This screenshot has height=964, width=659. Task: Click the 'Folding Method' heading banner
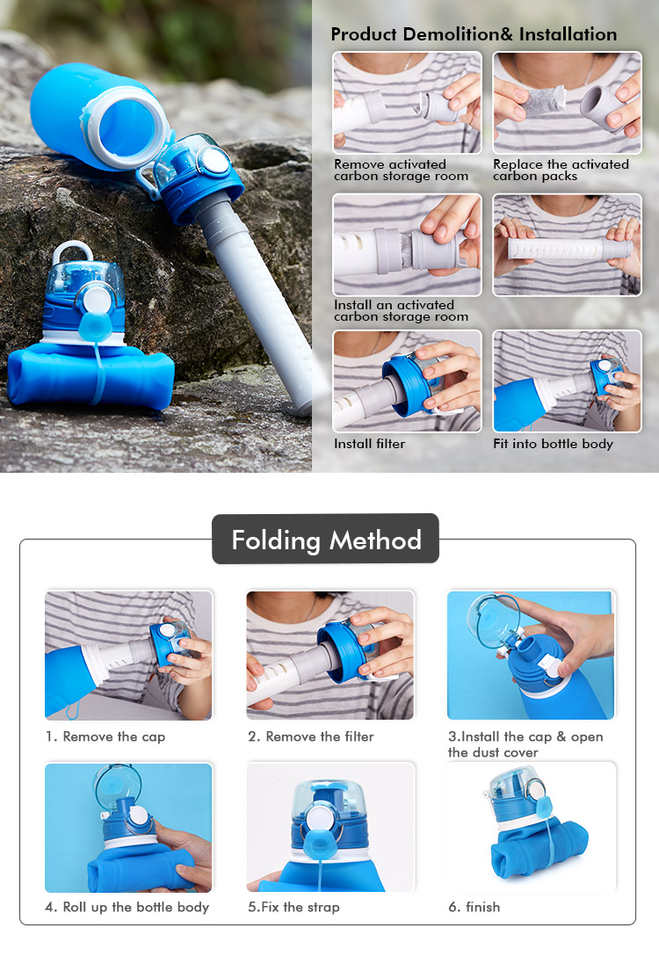pos(326,539)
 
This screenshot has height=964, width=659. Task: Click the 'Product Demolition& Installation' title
pos(474,34)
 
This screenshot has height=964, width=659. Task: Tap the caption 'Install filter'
pos(369,443)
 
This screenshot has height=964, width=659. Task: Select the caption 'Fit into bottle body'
pos(554,444)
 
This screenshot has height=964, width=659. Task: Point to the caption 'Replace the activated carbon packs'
pos(561,170)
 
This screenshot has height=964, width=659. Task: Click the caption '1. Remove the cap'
pos(105,736)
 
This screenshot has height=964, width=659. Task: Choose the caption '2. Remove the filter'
pos(311,736)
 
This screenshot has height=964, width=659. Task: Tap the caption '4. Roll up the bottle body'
pos(127,907)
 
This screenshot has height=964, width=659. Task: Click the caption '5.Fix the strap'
pos(293,907)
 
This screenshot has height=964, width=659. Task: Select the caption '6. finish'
pos(474,907)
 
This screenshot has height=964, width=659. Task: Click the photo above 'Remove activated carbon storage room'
pos(407,103)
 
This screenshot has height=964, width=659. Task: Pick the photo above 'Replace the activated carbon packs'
pos(568,103)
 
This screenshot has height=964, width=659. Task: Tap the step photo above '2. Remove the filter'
pos(330,655)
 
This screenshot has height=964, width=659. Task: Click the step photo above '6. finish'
pos(532,827)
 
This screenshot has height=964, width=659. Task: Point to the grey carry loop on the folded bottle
pos(73,251)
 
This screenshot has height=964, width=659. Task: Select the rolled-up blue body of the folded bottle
pos(91,375)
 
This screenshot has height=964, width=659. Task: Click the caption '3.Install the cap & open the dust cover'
pos(525,744)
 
